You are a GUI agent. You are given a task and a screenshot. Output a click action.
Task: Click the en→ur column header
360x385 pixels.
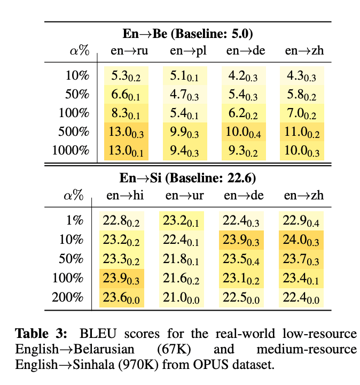tap(182, 196)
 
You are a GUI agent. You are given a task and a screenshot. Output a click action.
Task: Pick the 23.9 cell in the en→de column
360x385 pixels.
tap(240, 240)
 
